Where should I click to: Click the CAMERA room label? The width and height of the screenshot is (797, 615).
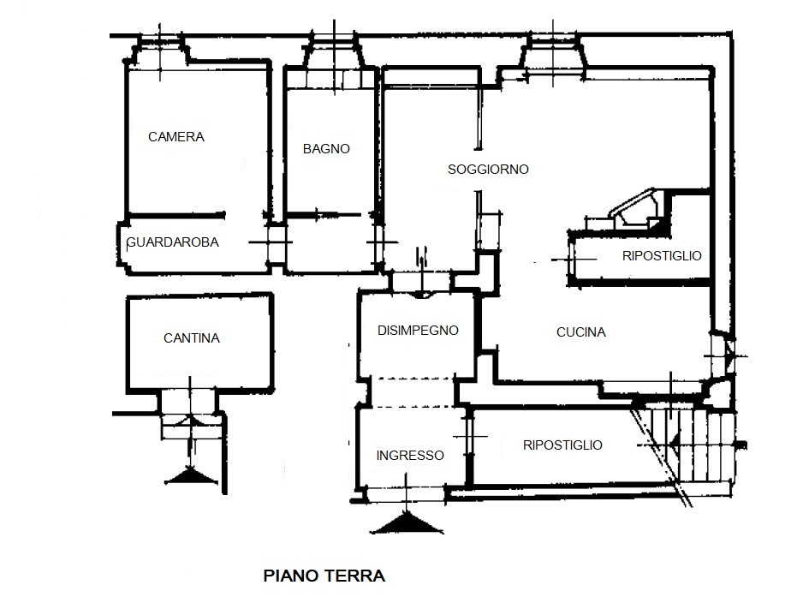tap(175, 136)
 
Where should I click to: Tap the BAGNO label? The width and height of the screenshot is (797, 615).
tap(326, 148)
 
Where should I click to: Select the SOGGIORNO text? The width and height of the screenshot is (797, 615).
tap(488, 170)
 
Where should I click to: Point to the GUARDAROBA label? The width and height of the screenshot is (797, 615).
tap(172, 242)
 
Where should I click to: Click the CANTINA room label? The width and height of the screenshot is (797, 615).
tap(191, 338)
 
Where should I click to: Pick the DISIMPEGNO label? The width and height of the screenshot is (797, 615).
tap(418, 331)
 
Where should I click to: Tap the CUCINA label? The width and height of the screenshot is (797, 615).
tap(580, 332)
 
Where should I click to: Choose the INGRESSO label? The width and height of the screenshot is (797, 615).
tap(410, 456)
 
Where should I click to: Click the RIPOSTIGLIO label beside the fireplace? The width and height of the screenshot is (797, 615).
tap(662, 255)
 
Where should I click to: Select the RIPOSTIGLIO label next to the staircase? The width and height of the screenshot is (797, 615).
tap(562, 445)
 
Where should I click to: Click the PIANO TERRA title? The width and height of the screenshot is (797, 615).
tap(324, 576)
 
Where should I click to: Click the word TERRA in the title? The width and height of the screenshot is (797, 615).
tap(354, 576)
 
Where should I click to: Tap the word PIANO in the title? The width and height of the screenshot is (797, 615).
tap(289, 576)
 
